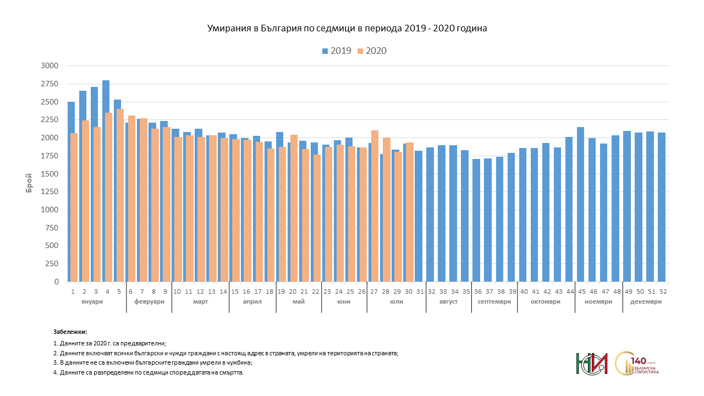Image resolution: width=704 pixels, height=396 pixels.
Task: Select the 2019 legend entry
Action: [x=337, y=51]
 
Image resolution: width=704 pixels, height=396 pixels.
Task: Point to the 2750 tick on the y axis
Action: [x=50, y=84]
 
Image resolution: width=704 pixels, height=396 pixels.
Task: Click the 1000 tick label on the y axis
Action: [x=50, y=210]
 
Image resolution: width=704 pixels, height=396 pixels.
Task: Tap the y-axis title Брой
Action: [x=29, y=183]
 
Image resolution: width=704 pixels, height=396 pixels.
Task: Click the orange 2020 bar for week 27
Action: [x=375, y=206]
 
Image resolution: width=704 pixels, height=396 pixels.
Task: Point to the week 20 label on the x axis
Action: [x=293, y=291]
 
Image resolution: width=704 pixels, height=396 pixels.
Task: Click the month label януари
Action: [x=91, y=301]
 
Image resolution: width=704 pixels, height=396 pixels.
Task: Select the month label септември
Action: [x=493, y=301]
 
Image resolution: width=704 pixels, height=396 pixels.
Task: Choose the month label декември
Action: [x=646, y=301]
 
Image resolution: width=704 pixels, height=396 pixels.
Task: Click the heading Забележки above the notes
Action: [x=70, y=332]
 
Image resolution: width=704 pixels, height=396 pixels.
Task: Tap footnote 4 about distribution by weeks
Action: [x=148, y=372]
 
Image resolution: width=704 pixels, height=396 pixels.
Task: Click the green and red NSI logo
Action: [x=591, y=364]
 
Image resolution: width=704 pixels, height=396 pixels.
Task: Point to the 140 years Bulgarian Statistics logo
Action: [x=638, y=364]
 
